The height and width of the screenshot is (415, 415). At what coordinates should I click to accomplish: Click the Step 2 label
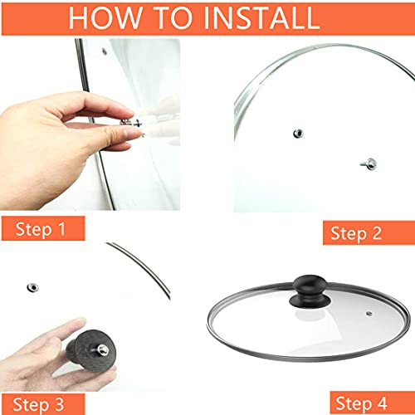(356, 232)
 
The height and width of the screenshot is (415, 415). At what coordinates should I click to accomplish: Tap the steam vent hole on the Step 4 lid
(369, 314)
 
